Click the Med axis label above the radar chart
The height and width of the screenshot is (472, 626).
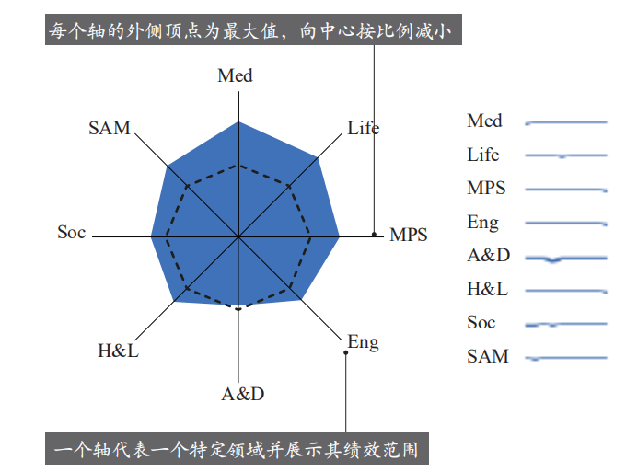pyautogui.click(x=235, y=75)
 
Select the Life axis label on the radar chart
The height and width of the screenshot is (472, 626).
pyautogui.click(x=364, y=128)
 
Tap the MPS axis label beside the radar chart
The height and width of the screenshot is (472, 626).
pyautogui.click(x=409, y=235)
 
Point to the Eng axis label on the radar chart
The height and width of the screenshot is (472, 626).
pyautogui.click(x=363, y=342)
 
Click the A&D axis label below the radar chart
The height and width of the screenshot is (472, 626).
pyautogui.click(x=243, y=394)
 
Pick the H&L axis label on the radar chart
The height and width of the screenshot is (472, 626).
pyautogui.click(x=118, y=351)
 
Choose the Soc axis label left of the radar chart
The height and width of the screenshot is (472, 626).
pyautogui.click(x=72, y=232)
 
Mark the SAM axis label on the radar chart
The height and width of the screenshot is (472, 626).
pyautogui.click(x=110, y=128)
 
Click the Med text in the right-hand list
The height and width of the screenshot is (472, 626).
pyautogui.click(x=484, y=121)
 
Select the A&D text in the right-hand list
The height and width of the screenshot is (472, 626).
pyautogui.click(x=489, y=256)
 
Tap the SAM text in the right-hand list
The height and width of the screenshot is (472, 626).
pyautogui.click(x=488, y=356)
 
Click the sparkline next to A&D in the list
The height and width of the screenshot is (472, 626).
pyautogui.click(x=566, y=259)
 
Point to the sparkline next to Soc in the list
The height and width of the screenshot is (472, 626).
pyautogui.click(x=566, y=325)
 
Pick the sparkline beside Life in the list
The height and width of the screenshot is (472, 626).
pyautogui.click(x=566, y=155)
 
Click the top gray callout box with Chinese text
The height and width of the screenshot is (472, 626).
pyautogui.click(x=253, y=29)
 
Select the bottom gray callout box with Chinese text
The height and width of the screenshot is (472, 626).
pyautogui.click(x=237, y=448)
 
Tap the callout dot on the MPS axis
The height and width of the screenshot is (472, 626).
pyautogui.click(x=374, y=235)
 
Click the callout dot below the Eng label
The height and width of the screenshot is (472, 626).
pyautogui.click(x=346, y=352)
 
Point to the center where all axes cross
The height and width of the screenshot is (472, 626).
pyautogui.click(x=238, y=237)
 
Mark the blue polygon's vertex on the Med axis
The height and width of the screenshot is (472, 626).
pyautogui.click(x=238, y=121)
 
